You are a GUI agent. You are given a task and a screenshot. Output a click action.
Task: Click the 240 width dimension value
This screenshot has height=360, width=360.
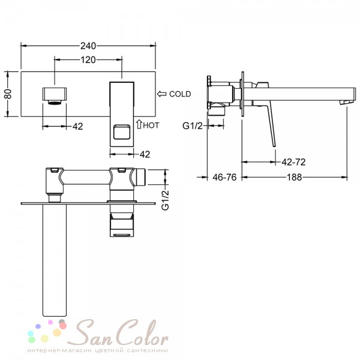[x=88, y=46]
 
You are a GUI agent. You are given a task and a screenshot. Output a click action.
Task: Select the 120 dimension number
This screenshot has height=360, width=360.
[x=88, y=60]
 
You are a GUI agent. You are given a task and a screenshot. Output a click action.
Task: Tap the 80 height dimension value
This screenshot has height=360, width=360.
[x=8, y=94]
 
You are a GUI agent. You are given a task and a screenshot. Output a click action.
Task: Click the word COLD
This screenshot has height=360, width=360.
[x=180, y=94]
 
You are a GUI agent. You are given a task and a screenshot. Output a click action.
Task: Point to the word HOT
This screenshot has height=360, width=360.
[x=151, y=125]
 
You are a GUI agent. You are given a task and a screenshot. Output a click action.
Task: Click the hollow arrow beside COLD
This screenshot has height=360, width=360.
[x=162, y=94]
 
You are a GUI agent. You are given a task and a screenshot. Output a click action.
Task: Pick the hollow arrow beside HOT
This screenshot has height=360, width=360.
[x=139, y=124]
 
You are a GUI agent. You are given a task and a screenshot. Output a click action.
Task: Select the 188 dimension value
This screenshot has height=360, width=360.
[x=295, y=177]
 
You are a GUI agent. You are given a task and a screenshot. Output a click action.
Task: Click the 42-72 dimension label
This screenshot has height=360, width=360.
[x=293, y=162]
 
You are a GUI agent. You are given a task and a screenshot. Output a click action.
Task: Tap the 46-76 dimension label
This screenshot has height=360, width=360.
[x=224, y=177]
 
